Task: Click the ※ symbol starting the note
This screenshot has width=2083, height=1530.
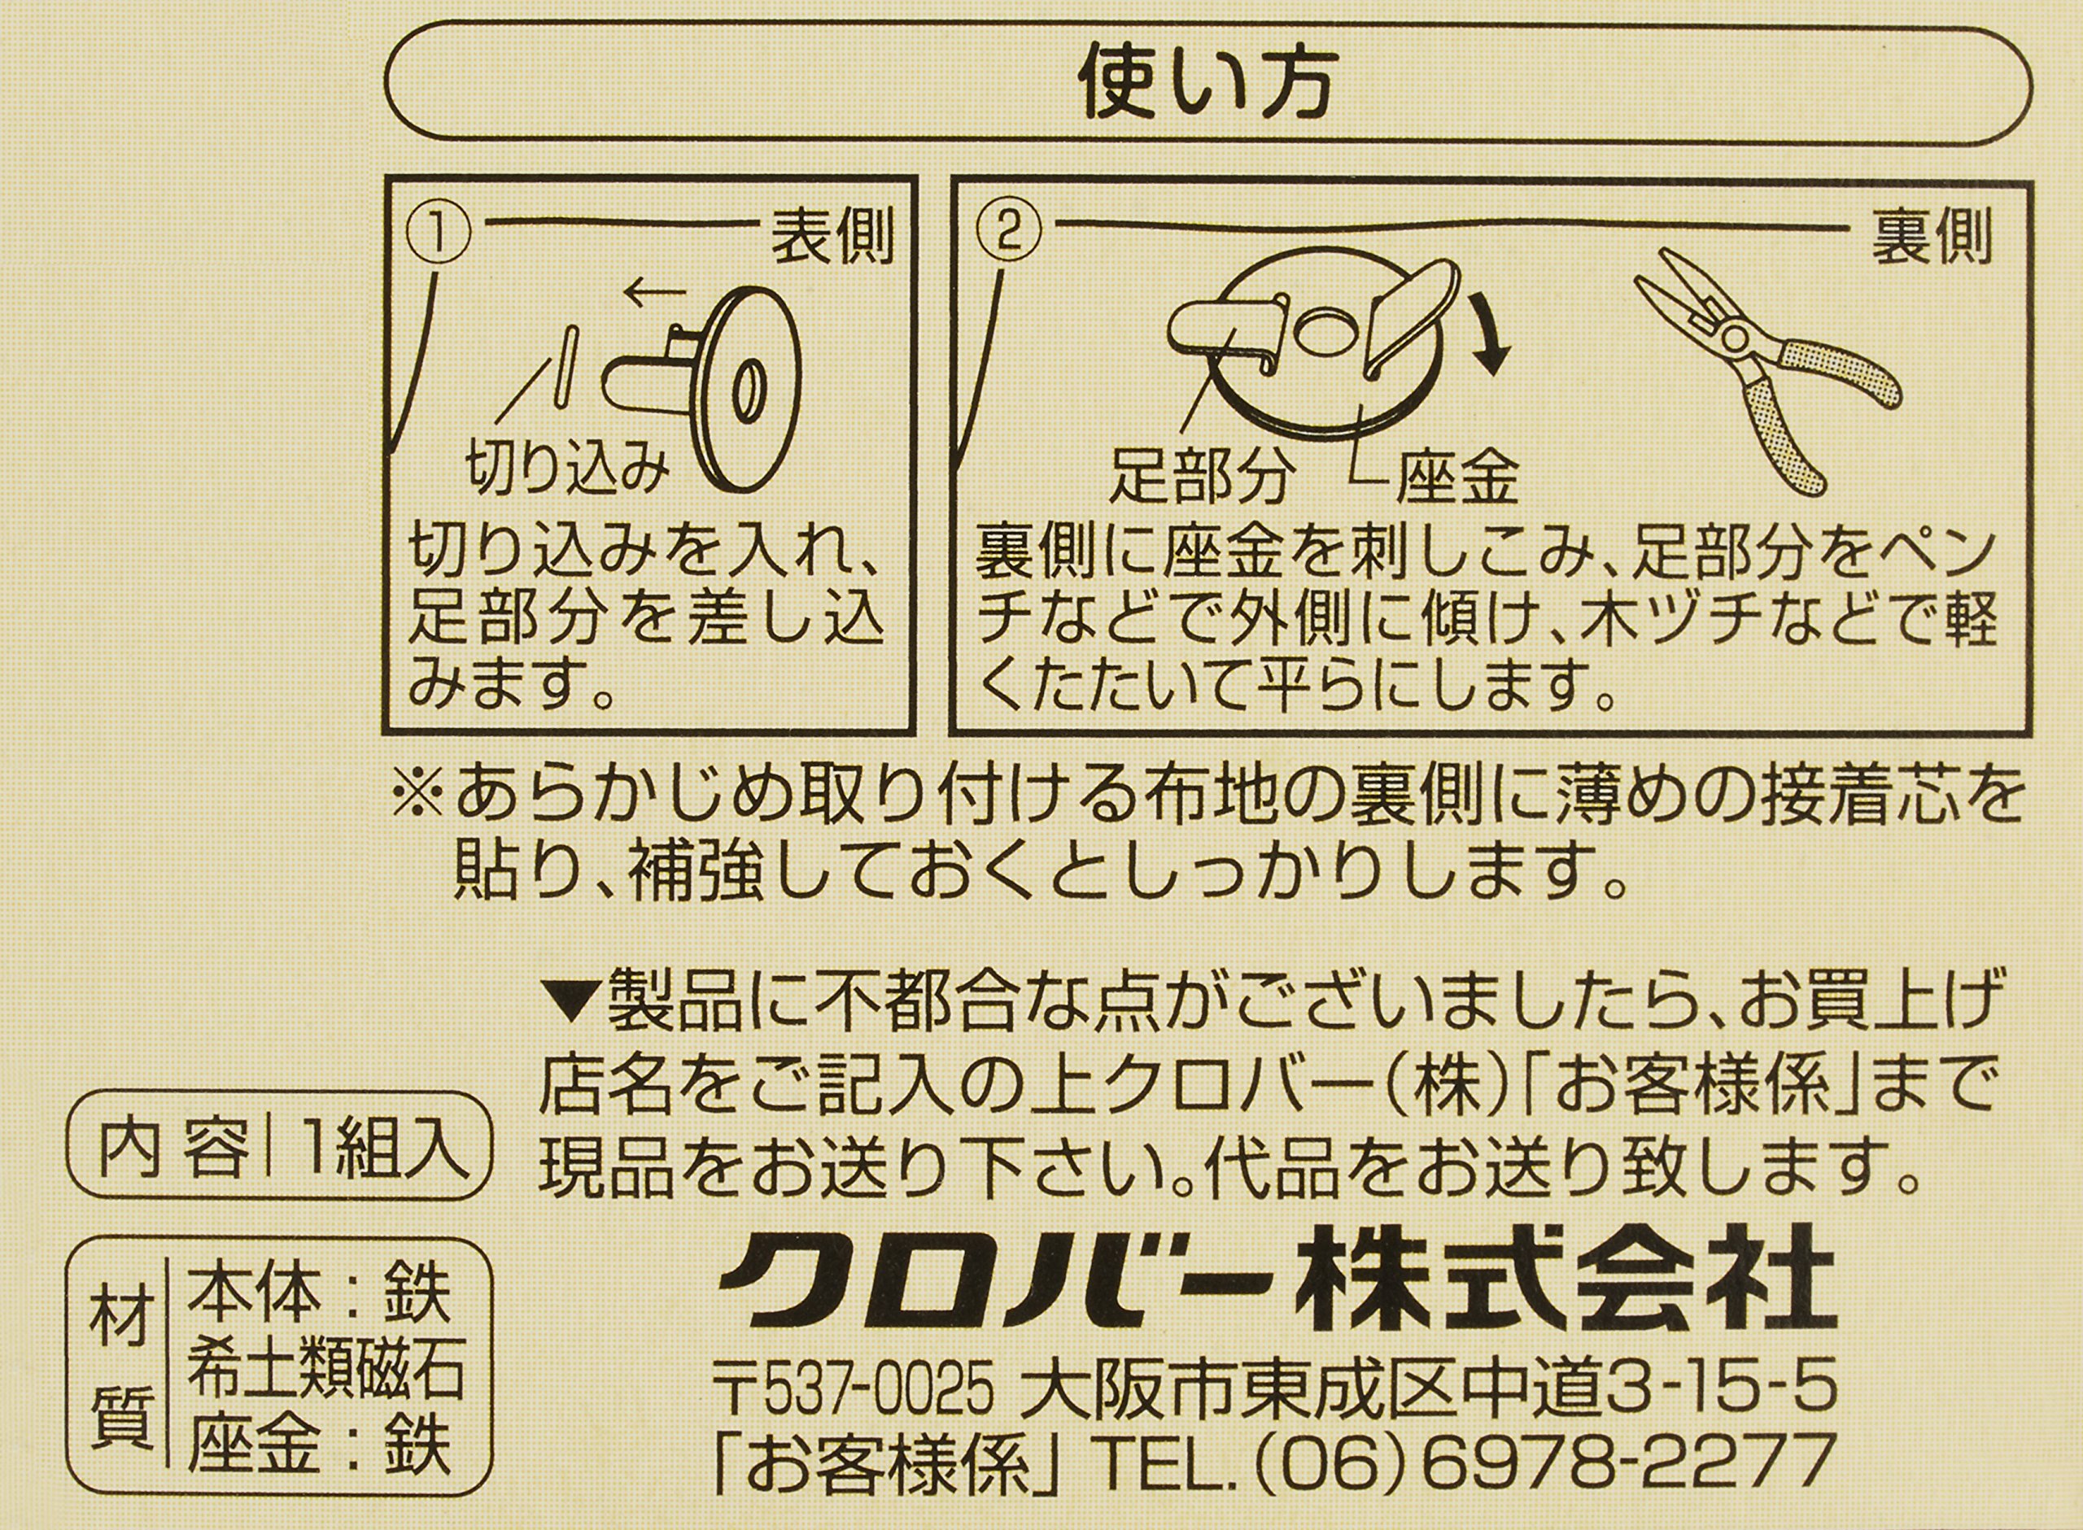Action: pos(420,796)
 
